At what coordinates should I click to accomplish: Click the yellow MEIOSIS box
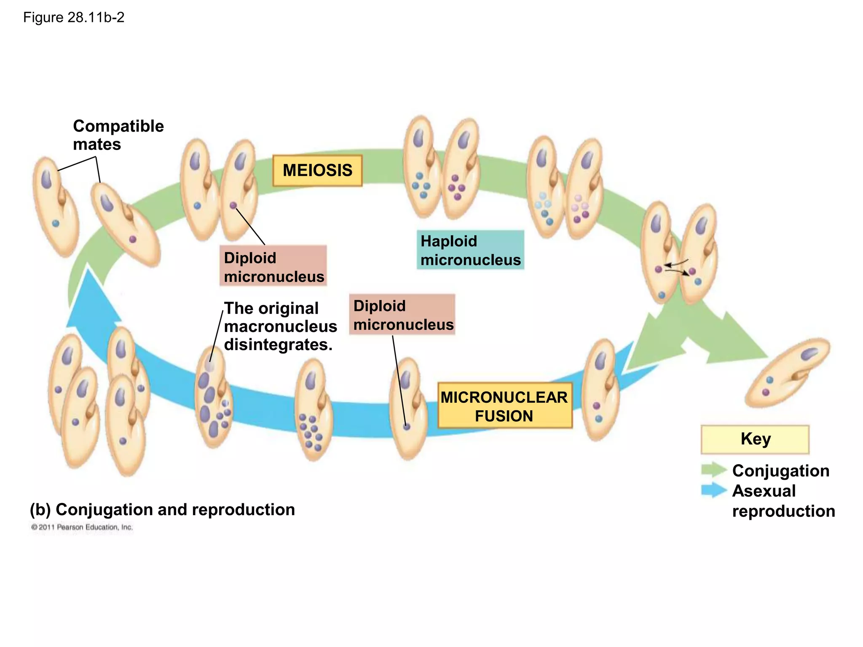click(x=317, y=171)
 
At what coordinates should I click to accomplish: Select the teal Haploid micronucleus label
click(x=470, y=250)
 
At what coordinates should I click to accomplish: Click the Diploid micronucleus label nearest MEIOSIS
click(x=273, y=267)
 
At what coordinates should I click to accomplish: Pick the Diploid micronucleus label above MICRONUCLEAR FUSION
click(x=402, y=315)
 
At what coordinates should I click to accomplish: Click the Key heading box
click(x=755, y=439)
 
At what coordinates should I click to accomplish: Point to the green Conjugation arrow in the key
click(x=714, y=470)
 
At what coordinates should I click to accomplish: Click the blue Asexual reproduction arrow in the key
click(x=714, y=490)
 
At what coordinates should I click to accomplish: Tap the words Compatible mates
click(x=118, y=135)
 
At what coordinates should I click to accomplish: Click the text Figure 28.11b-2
click(x=74, y=18)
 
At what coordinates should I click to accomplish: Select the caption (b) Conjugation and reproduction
click(x=163, y=510)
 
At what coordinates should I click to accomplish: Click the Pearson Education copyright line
click(x=82, y=527)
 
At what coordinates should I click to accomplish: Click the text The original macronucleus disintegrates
click(x=280, y=326)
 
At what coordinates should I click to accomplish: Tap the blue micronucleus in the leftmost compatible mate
click(x=56, y=224)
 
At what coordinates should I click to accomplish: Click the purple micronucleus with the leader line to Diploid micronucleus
click(x=233, y=206)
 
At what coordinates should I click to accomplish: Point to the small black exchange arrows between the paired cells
click(x=676, y=268)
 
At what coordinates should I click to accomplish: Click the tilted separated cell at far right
click(x=787, y=373)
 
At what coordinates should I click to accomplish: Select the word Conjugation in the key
click(x=780, y=471)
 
